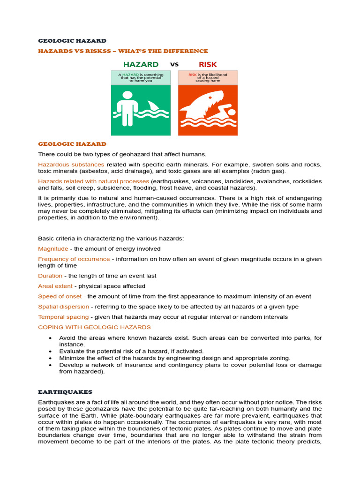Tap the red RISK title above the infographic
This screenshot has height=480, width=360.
click(x=208, y=64)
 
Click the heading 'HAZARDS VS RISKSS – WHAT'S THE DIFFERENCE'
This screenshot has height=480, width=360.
click(x=123, y=51)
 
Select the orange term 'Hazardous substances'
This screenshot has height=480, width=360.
click(x=71, y=165)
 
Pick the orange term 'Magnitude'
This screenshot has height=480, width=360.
click(x=53, y=249)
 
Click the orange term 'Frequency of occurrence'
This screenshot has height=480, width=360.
click(x=74, y=259)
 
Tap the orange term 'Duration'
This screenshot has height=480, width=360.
click(x=50, y=276)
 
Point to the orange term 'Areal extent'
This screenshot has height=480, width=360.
click(x=55, y=286)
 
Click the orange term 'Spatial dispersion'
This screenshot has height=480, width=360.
click(x=63, y=307)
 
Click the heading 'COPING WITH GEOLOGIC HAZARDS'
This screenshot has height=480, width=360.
click(x=94, y=327)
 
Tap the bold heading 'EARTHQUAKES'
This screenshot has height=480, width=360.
click(x=65, y=392)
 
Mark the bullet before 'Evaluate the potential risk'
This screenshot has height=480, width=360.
click(x=50, y=352)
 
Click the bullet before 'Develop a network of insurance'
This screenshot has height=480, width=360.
click(x=50, y=365)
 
